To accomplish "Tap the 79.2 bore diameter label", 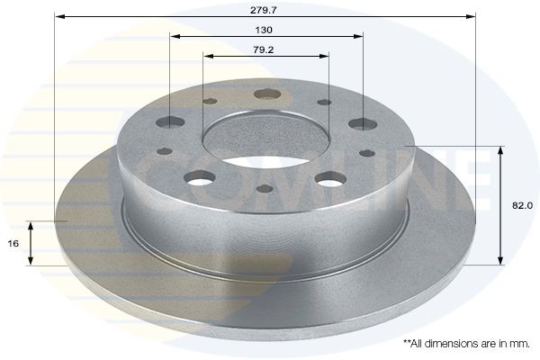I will click(265, 49).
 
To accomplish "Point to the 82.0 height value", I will click(522, 205).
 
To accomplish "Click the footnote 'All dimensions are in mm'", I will click(465, 343).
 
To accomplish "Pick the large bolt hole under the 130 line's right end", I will click(363, 124).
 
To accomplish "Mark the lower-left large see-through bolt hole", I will click(201, 178).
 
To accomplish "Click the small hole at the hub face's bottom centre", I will click(265, 189).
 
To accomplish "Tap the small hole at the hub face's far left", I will click(166, 152).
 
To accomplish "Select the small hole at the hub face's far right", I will click(366, 153).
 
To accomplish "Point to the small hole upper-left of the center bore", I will click(210, 102).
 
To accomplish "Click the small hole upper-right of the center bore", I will click(325, 103).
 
